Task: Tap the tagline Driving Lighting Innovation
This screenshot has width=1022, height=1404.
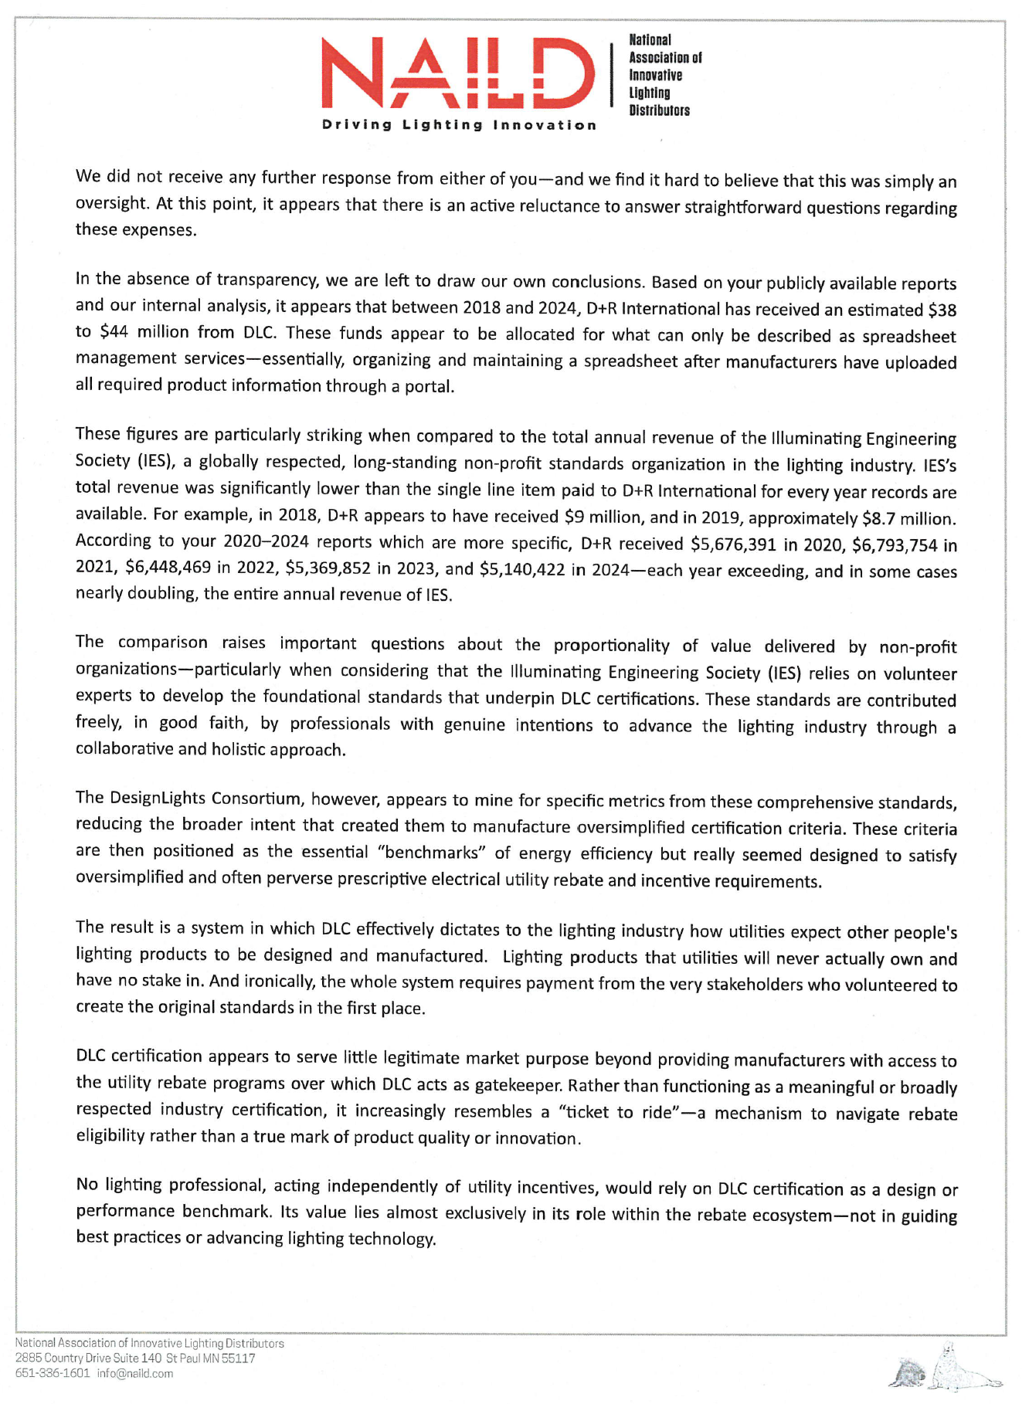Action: pos(459,125)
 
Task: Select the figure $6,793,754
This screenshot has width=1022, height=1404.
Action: pos(895,545)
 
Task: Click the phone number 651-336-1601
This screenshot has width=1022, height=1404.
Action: pos(53,1374)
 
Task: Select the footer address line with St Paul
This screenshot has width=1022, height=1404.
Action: pos(135,1358)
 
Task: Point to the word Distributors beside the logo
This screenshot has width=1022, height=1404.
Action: pos(659,110)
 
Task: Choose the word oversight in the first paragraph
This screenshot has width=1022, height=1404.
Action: pos(110,204)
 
